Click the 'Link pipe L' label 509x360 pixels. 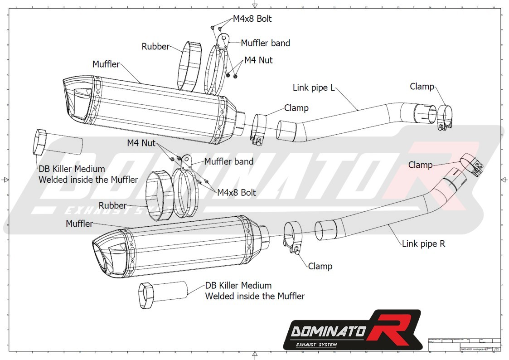313,88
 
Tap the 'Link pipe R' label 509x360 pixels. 423,244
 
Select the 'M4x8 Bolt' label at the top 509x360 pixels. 252,19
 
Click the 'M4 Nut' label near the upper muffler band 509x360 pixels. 258,60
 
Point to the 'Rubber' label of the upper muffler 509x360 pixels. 155,46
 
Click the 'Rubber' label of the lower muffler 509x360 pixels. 112,206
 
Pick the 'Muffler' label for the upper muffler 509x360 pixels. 106,64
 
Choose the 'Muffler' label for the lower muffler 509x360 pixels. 79,224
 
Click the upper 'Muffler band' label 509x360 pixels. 265,43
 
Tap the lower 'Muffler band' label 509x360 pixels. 228,161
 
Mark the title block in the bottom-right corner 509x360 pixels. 464,344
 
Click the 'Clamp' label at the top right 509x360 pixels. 422,87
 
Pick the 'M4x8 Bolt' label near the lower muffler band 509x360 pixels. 236,193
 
